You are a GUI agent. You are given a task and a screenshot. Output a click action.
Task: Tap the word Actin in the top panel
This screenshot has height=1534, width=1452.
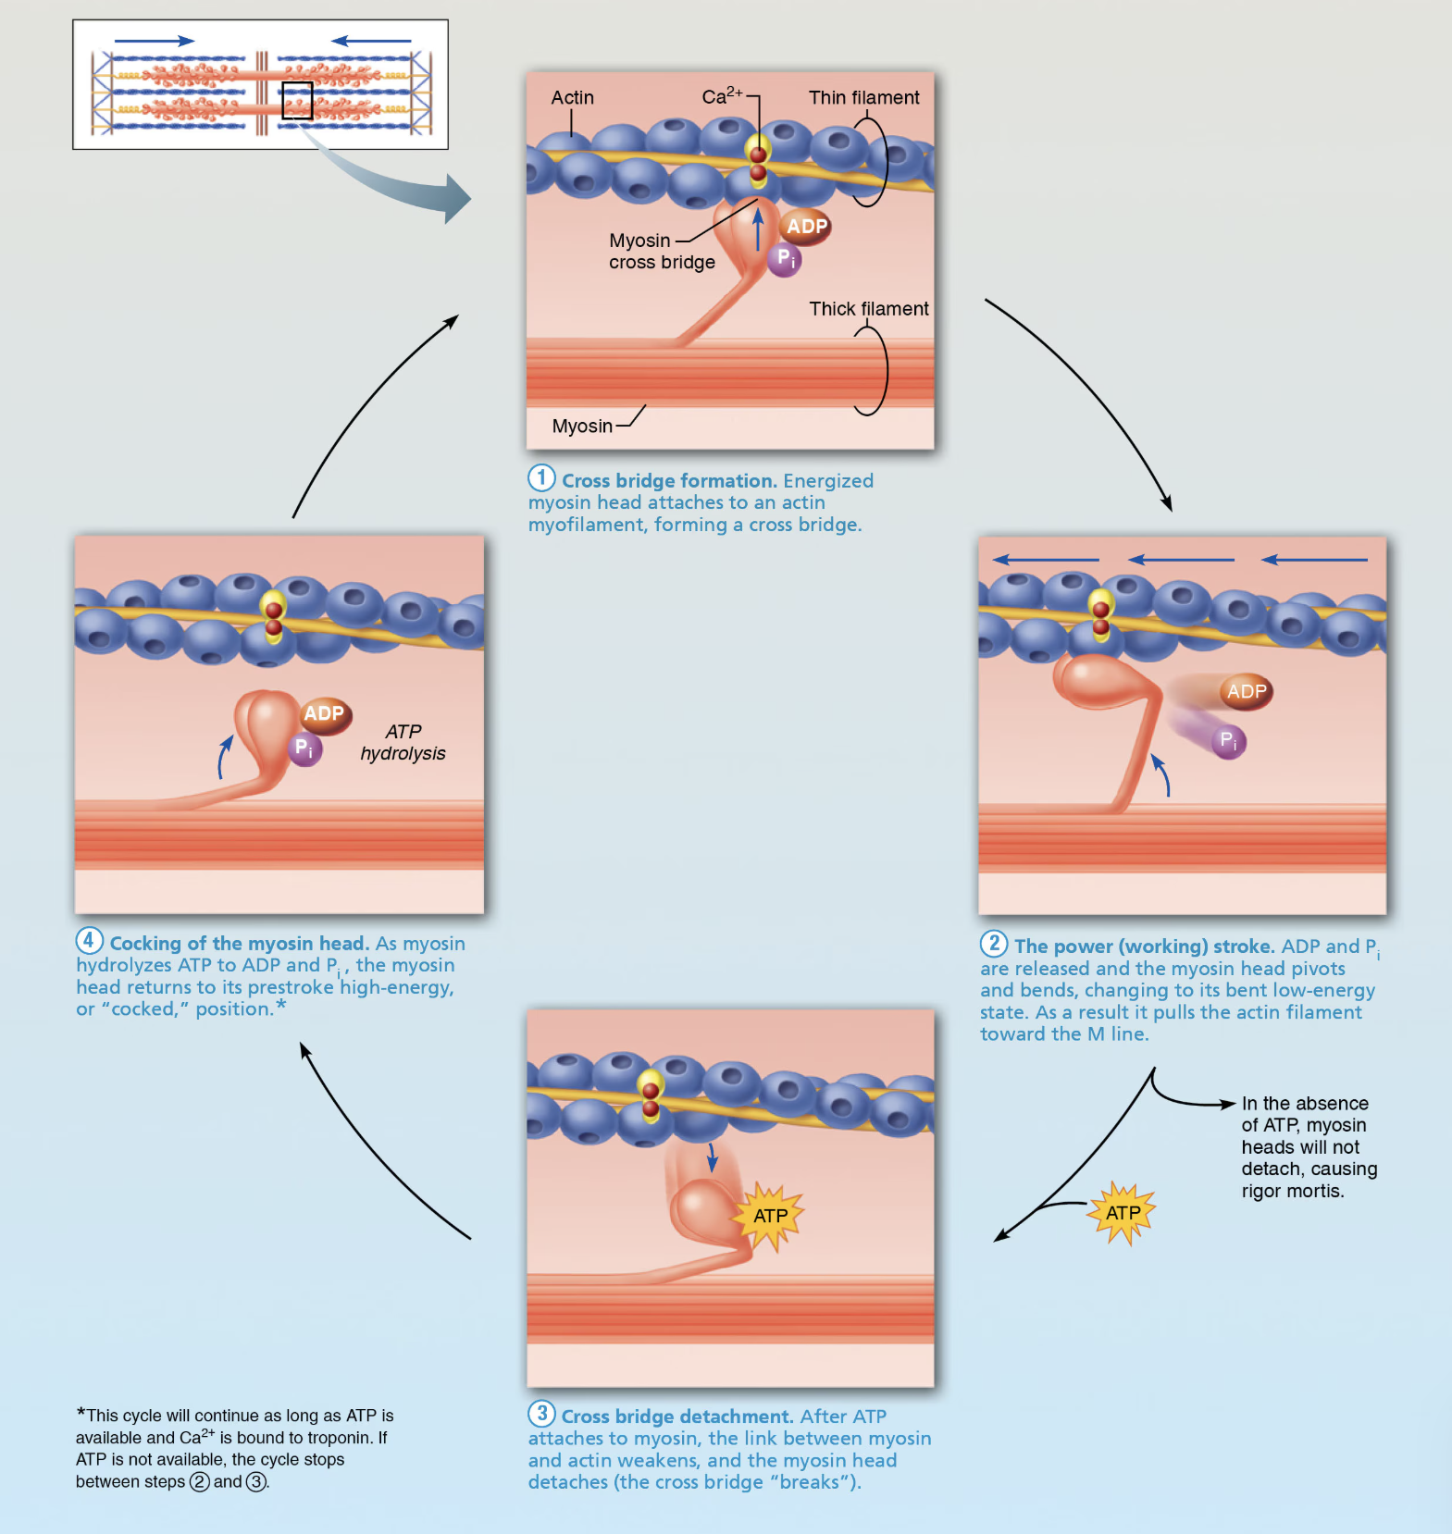pos(572,97)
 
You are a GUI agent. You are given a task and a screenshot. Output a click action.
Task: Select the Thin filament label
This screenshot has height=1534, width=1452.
pos(863,97)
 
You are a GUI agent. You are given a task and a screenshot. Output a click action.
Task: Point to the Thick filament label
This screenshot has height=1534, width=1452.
pos(868,309)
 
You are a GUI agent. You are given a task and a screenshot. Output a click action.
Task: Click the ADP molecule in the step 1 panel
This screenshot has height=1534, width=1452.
pos(806,227)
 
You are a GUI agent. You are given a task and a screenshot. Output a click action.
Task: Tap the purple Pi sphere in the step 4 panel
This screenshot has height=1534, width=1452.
pos(304,748)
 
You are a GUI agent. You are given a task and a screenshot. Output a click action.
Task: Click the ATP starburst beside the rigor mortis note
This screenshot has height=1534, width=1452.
pos(1123,1213)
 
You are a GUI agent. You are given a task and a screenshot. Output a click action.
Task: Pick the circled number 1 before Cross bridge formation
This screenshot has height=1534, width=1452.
pos(541,478)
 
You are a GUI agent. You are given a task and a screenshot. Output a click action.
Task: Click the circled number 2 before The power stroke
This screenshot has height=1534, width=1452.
pos(994,944)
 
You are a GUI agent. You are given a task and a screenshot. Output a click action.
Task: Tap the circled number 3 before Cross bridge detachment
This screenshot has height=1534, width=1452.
pos(541,1414)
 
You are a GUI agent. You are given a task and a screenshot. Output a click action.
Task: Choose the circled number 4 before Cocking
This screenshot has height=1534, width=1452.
pos(89,941)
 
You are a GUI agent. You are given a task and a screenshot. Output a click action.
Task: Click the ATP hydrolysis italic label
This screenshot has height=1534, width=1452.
pos(403,742)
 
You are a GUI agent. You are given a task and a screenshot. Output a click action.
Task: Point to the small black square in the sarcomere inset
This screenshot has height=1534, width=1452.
pos(297,101)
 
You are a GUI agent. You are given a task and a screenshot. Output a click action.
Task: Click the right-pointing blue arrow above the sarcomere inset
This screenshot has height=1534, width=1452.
pos(154,41)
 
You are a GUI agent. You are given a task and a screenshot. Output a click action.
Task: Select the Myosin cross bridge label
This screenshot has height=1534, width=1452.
pos(661,252)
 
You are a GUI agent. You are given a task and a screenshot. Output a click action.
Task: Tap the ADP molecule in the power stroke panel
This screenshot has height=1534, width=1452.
pos(1246,691)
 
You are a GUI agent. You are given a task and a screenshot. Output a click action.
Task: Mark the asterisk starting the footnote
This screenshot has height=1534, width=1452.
pos(81,1413)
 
